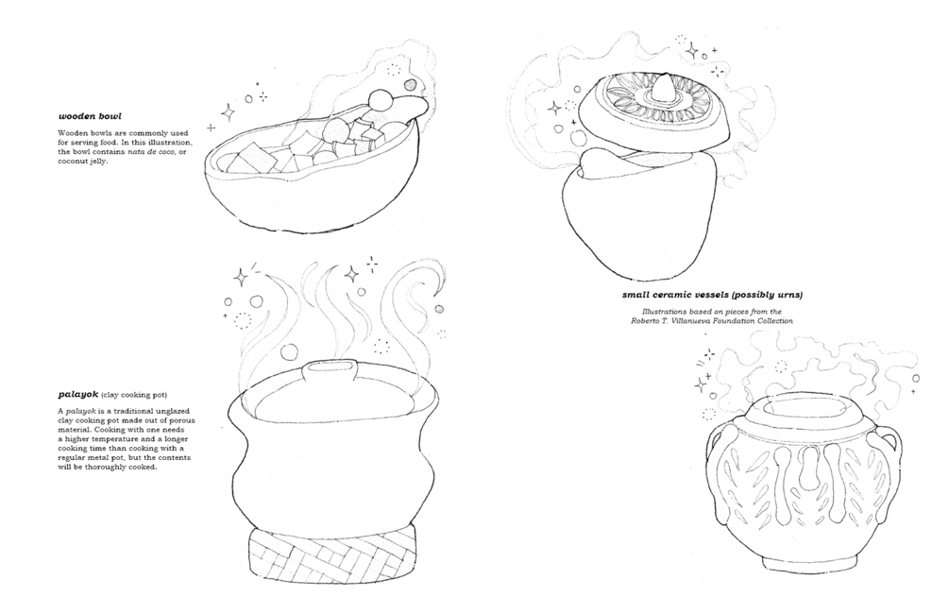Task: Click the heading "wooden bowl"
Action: point(90,115)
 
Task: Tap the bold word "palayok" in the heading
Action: point(78,395)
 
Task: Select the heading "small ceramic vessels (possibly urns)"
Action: point(712,295)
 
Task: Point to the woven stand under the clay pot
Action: point(332,551)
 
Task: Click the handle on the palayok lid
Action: point(331,368)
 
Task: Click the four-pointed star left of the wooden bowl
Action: point(229,112)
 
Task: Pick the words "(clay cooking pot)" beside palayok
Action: point(134,396)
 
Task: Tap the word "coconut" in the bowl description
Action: point(73,162)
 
